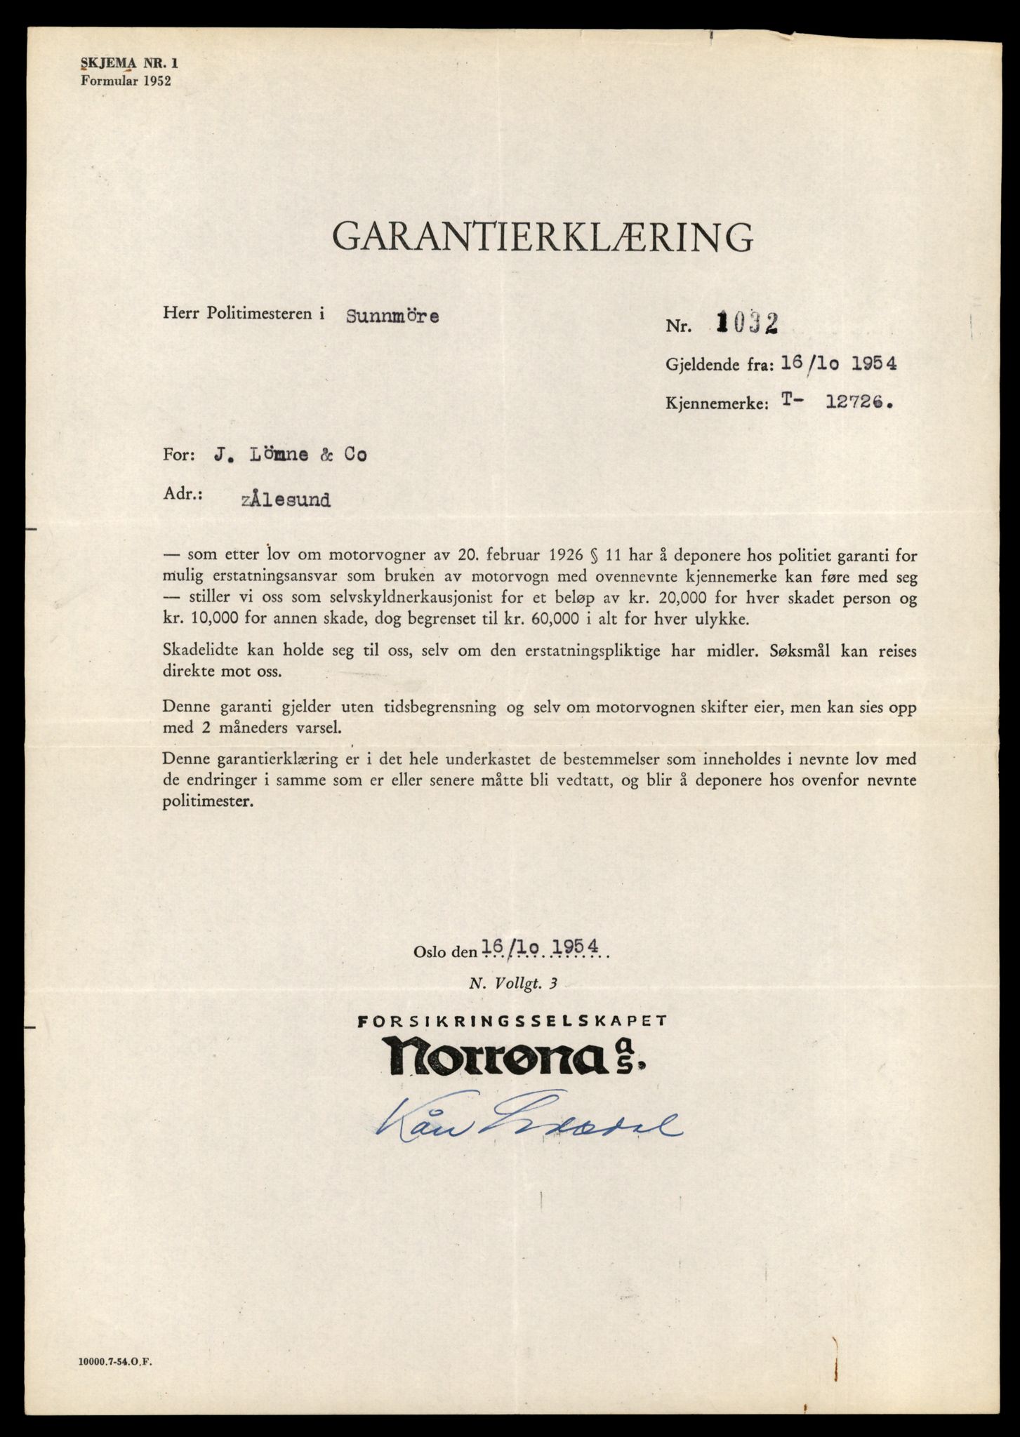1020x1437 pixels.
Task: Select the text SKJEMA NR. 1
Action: click(130, 63)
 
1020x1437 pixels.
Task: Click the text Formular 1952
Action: click(126, 80)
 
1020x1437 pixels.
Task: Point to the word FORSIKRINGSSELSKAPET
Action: click(512, 1022)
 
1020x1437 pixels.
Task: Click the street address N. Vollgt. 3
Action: click(513, 984)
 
